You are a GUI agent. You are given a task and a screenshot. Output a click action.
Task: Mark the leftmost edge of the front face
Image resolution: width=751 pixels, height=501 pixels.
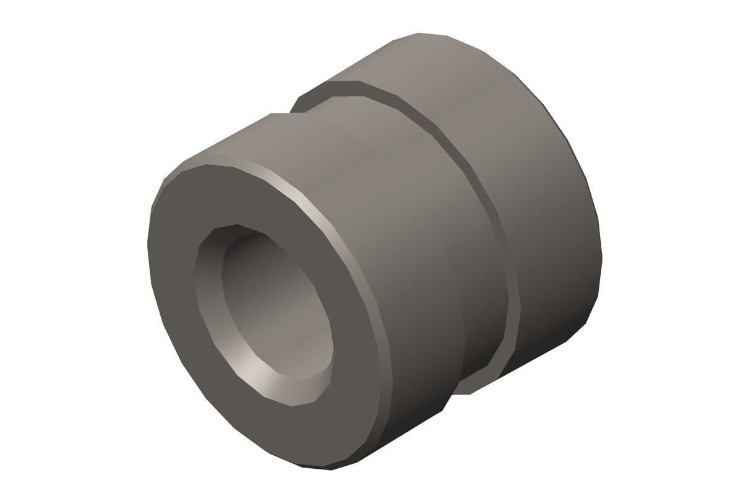click(x=149, y=248)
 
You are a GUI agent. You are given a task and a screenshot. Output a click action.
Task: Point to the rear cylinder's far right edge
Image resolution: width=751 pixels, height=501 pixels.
click(x=601, y=248)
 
